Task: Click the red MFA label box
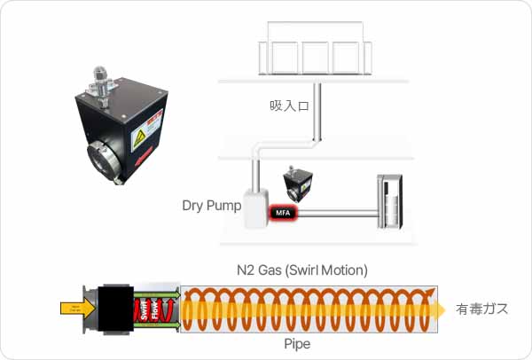[x=283, y=213]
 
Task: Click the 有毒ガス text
[x=482, y=309]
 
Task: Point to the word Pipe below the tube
[x=297, y=343]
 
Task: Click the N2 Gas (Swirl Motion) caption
[x=302, y=269]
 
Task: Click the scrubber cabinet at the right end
[x=389, y=203]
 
